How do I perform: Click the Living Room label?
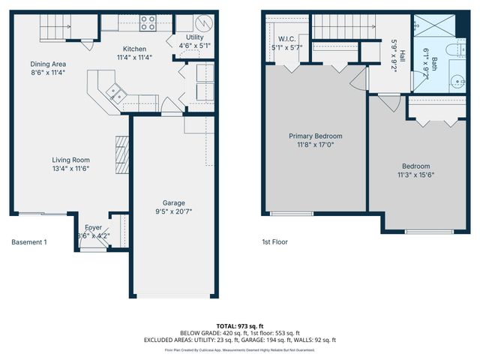(70, 160)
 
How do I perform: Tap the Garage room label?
(174, 203)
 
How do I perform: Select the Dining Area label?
(47, 64)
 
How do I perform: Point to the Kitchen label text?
(135, 49)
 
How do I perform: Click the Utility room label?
(193, 37)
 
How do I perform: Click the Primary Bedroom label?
(316, 136)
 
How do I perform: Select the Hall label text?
(402, 55)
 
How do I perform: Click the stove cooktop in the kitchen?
(148, 23)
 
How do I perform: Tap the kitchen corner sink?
(116, 93)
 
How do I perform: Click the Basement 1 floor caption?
(29, 242)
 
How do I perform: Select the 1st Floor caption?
(275, 242)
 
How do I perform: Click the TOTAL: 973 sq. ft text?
(240, 325)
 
